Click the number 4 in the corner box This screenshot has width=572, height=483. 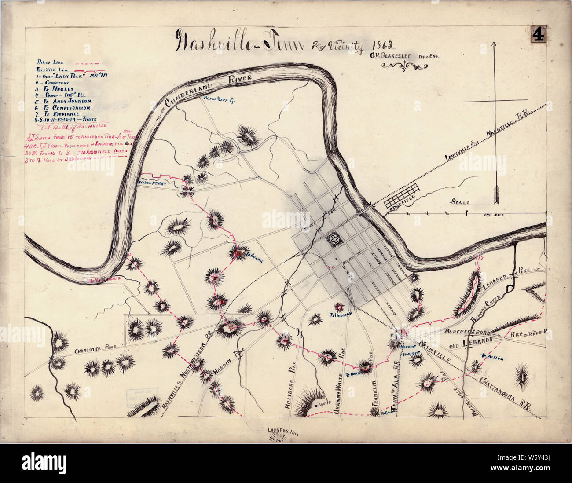(539, 34)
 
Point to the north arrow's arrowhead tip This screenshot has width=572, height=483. (495, 43)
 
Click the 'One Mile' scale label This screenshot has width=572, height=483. (493, 215)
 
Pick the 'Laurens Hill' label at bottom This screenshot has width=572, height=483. (283, 432)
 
